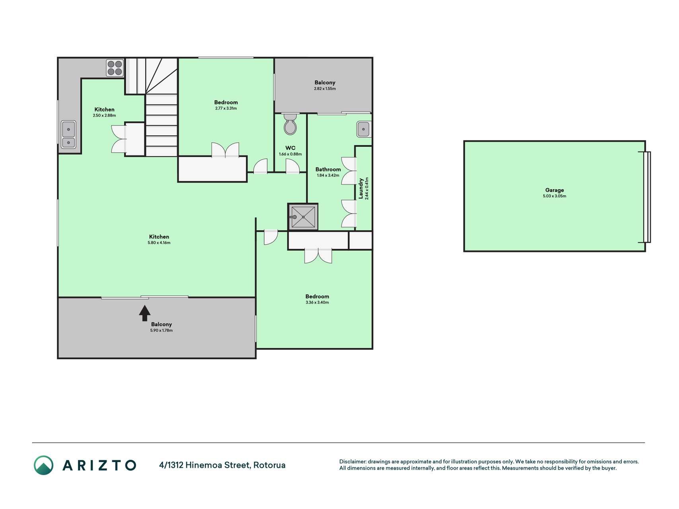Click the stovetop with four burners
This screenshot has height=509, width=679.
point(115,68)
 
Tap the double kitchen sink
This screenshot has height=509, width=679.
point(69,135)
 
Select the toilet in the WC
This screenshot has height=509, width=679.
point(290,124)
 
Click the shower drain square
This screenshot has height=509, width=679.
point(303,217)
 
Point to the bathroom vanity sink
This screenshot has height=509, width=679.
point(364,129)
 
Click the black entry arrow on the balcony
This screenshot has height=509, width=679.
point(144,313)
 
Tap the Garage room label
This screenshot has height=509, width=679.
point(554,190)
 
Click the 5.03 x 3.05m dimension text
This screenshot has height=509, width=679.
point(554,196)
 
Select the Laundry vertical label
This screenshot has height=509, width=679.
point(361,188)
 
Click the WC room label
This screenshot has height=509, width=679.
point(290,148)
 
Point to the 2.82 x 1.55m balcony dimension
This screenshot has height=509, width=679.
point(325,89)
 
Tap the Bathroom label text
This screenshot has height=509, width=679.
point(328,169)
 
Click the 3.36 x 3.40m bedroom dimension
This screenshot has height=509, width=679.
point(317,303)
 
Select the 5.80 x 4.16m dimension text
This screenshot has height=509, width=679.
point(159,243)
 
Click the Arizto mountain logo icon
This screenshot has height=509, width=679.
point(43,465)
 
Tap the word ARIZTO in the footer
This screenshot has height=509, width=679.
point(99,465)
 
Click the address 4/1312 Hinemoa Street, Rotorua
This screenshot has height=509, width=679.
point(222,465)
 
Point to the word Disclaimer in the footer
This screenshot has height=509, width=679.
point(352,462)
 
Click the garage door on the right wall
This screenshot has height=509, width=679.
point(647,197)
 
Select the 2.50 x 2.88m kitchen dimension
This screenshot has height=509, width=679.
point(104,116)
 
